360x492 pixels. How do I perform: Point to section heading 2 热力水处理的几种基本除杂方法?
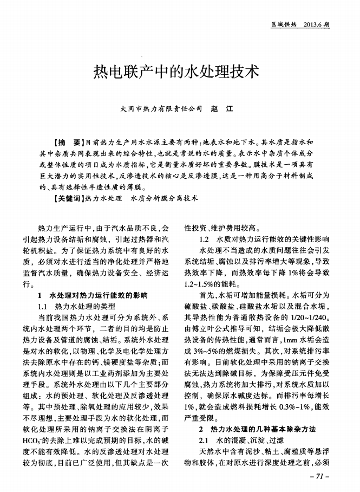click(x=253, y=430)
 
